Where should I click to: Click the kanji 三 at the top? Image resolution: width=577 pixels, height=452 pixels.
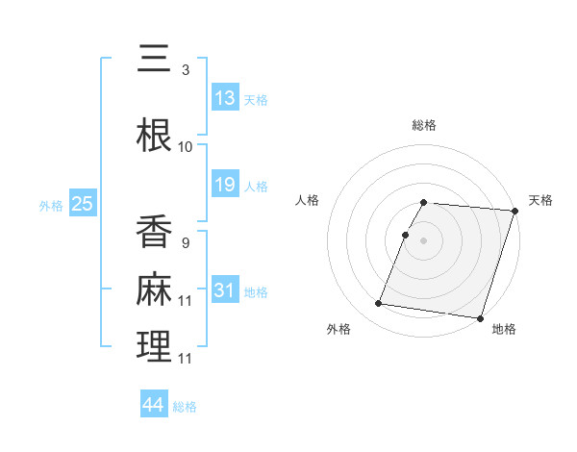pyautogui.click(x=155, y=60)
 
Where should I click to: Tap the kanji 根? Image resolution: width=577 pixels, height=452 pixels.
pyautogui.click(x=155, y=136)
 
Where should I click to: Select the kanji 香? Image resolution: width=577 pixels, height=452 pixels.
pyautogui.click(x=155, y=232)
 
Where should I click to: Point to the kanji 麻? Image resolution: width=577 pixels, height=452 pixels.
pyautogui.click(x=155, y=289)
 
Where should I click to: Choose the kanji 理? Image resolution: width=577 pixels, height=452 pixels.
pyautogui.click(x=155, y=346)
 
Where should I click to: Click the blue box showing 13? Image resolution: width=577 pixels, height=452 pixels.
pyautogui.click(x=225, y=98)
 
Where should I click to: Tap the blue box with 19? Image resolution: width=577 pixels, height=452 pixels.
pyautogui.click(x=225, y=185)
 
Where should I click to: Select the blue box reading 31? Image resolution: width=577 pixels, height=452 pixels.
pyautogui.click(x=225, y=290)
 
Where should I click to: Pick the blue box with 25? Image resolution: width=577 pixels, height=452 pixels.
pyautogui.click(x=82, y=204)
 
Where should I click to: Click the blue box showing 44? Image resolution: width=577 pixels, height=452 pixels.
pyautogui.click(x=154, y=405)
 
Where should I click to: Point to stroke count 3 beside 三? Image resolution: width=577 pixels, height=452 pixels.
pyautogui.click(x=186, y=70)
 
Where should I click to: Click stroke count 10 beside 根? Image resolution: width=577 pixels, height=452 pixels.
pyautogui.click(x=186, y=146)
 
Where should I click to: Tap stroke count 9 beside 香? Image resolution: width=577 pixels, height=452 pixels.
pyautogui.click(x=186, y=242)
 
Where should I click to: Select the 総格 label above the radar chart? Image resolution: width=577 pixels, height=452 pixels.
pyautogui.click(x=424, y=125)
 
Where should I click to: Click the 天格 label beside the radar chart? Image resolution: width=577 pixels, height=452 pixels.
pyautogui.click(x=540, y=200)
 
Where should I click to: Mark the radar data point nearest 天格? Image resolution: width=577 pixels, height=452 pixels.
pyautogui.click(x=514, y=211)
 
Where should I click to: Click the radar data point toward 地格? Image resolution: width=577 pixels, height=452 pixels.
pyautogui.click(x=480, y=317)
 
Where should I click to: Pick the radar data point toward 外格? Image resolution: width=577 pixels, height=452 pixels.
pyautogui.click(x=378, y=304)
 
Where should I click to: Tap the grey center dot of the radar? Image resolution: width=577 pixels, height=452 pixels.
pyautogui.click(x=424, y=240)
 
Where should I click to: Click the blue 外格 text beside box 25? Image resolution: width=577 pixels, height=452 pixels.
pyautogui.click(x=51, y=205)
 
